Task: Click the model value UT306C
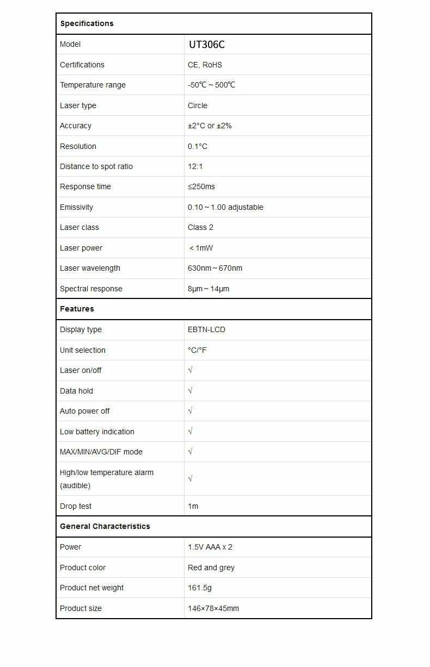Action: pyautogui.click(x=207, y=45)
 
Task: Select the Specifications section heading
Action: pyautogui.click(x=87, y=23)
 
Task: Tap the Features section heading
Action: pyautogui.click(x=77, y=309)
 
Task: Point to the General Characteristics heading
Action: pyautogui.click(x=105, y=526)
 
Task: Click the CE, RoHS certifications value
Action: pyautogui.click(x=205, y=65)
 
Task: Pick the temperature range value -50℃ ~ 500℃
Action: pyautogui.click(x=212, y=85)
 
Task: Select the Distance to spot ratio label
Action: pyautogui.click(x=96, y=166)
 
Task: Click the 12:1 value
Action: pyautogui.click(x=195, y=166)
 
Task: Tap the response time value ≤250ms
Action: pyautogui.click(x=201, y=186)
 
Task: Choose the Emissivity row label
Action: pyautogui.click(x=76, y=207)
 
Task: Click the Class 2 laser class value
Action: pyautogui.click(x=200, y=227)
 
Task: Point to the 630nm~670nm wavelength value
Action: pyautogui.click(x=215, y=268)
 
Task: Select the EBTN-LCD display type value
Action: pyautogui.click(x=206, y=329)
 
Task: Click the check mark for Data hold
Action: pyautogui.click(x=190, y=391)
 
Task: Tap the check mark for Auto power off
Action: pyautogui.click(x=190, y=411)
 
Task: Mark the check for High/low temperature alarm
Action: pyautogui.click(x=190, y=479)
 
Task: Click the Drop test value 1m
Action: pyautogui.click(x=193, y=506)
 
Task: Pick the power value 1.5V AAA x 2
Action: pyautogui.click(x=210, y=547)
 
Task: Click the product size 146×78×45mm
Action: pyautogui.click(x=213, y=608)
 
